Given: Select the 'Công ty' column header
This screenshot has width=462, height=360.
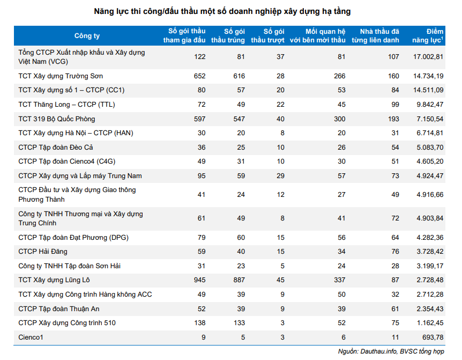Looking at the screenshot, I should [x=87, y=36].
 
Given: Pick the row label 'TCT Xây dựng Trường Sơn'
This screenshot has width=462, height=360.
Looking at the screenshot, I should [x=61, y=76].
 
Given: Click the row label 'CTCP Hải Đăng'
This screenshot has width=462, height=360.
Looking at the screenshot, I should [x=43, y=251].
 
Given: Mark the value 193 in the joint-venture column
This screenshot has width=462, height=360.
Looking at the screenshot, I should [x=393, y=119].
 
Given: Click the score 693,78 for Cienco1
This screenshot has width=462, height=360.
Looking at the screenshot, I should [x=432, y=337].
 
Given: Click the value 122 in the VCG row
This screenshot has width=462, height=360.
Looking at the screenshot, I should [x=199, y=56].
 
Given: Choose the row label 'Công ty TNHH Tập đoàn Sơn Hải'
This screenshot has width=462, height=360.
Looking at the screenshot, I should [x=69, y=266].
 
